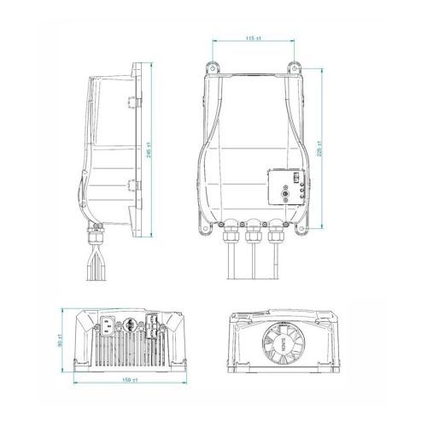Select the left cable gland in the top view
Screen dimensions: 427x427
click(230, 230)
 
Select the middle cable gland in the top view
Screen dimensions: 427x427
click(252, 230)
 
